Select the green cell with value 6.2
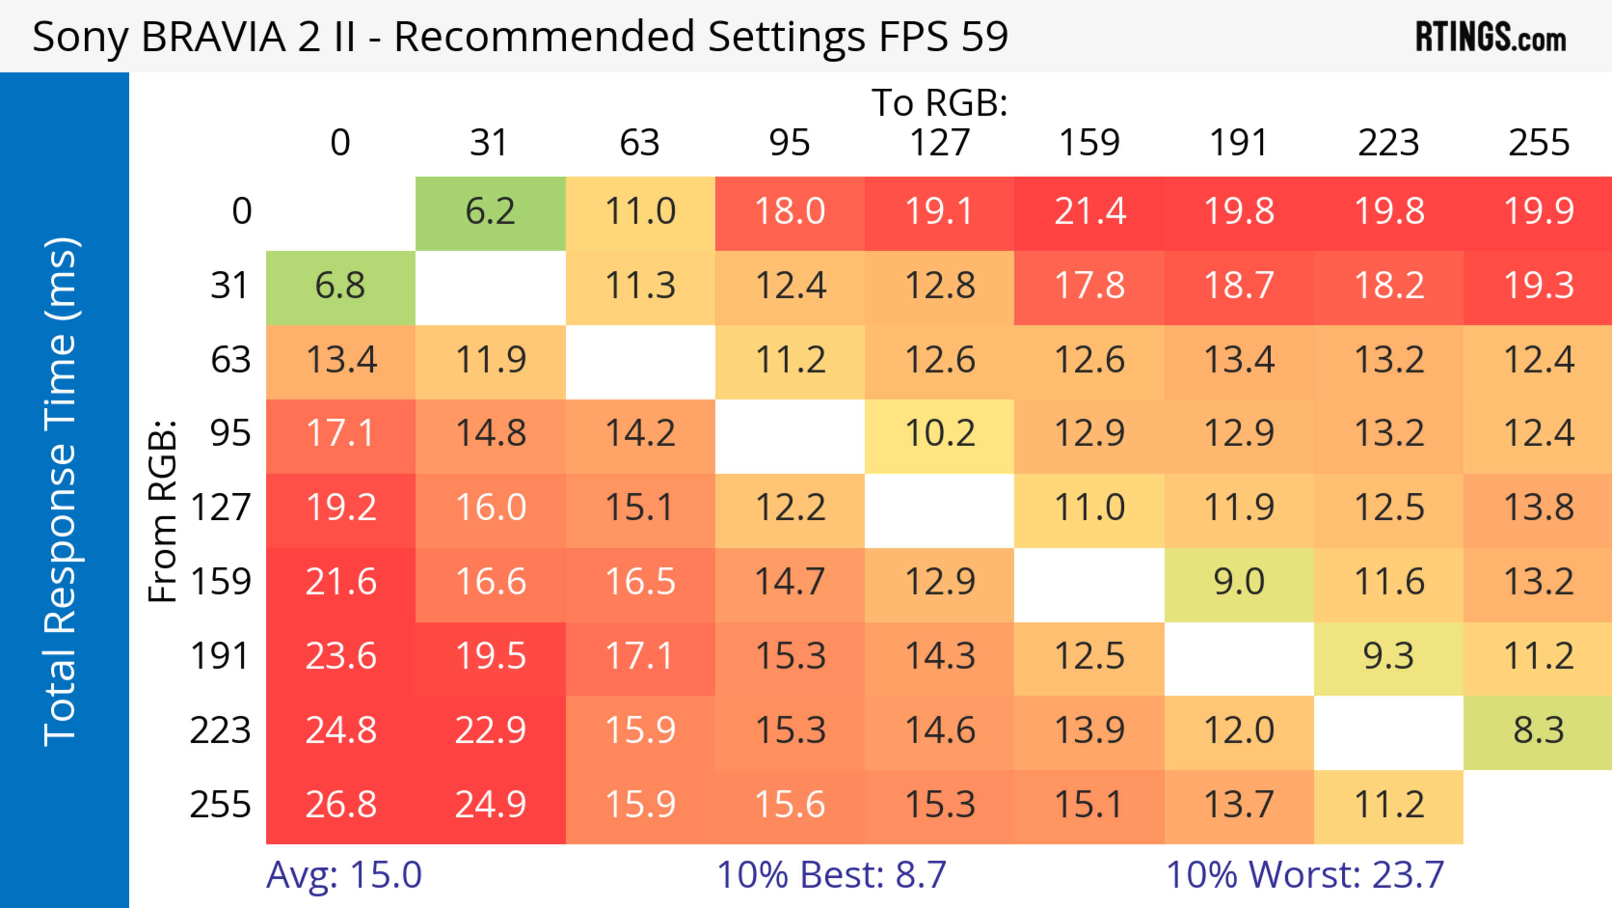click(x=491, y=212)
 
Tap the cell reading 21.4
click(x=1089, y=212)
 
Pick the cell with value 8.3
click(x=1538, y=731)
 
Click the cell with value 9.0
click(x=1239, y=582)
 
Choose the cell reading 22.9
click(x=491, y=731)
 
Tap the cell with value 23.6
click(x=341, y=657)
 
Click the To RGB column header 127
click(x=940, y=143)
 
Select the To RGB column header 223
click(x=1389, y=143)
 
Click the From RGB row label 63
click(x=230, y=360)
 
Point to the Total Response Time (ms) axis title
click(x=61, y=492)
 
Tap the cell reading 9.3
click(x=1389, y=657)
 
